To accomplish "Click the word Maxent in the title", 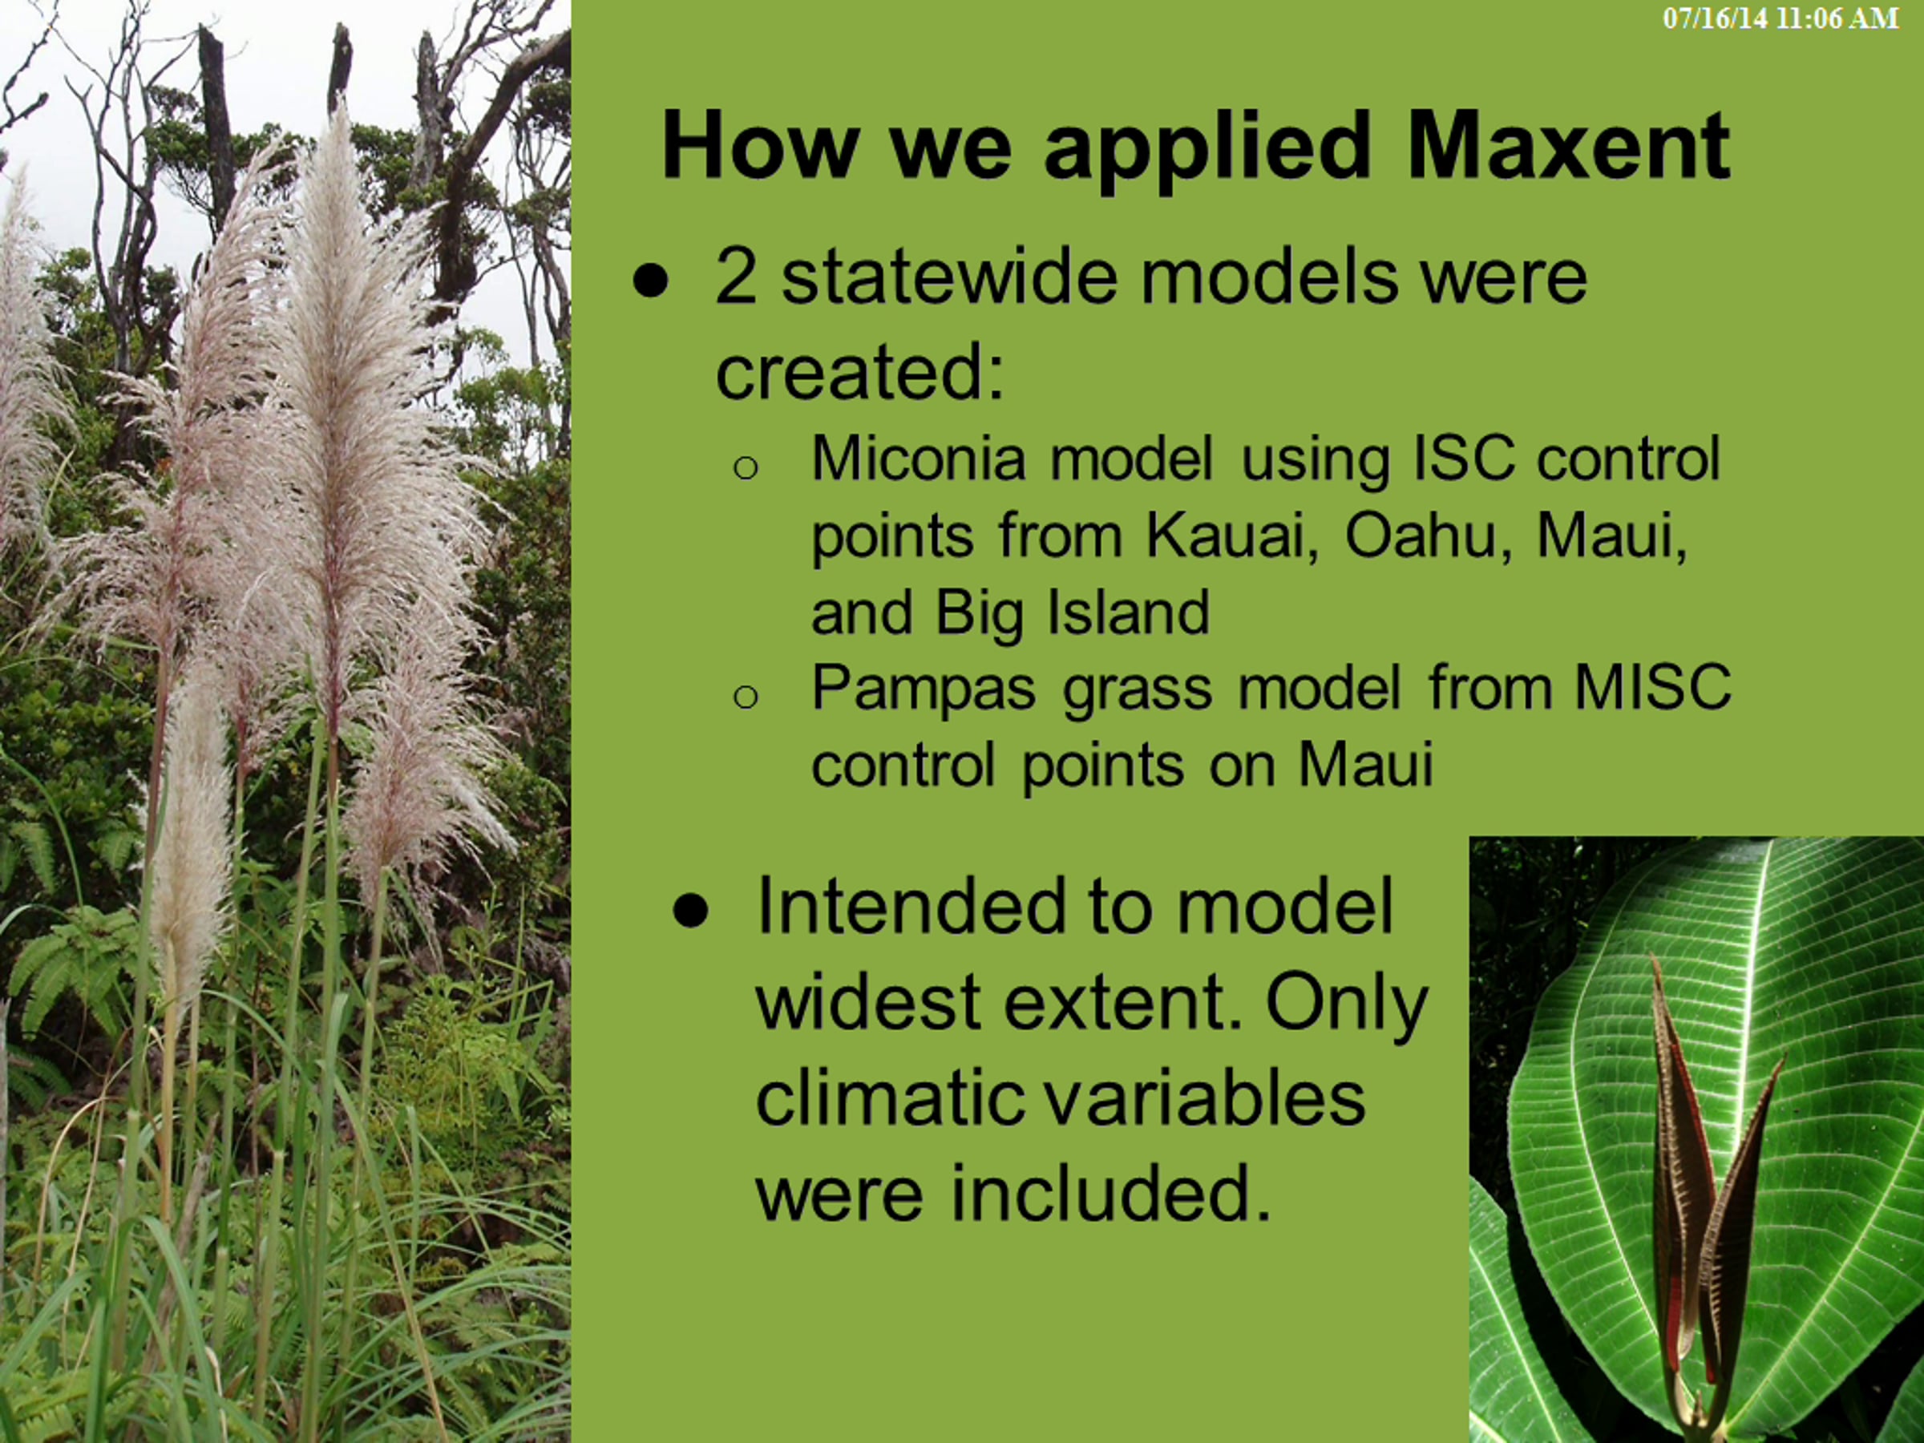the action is [1568, 145].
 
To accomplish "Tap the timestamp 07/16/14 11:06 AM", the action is [1781, 19].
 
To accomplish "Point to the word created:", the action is [860, 371].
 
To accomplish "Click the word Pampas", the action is [923, 689].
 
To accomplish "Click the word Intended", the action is [907, 907].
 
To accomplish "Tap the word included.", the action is [1111, 1193].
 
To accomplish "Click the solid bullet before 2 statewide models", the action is [651, 280].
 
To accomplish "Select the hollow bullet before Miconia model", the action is [746, 468].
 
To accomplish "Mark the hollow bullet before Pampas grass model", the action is [746, 697].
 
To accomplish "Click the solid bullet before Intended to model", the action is [690, 911].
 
